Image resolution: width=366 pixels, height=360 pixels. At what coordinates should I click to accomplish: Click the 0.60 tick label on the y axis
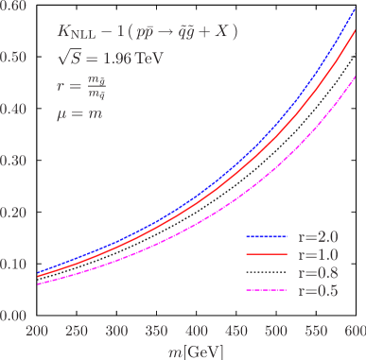13,7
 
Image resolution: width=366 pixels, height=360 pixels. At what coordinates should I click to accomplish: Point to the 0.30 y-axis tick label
13,162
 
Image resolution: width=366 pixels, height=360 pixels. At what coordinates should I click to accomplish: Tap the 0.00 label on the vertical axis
13,316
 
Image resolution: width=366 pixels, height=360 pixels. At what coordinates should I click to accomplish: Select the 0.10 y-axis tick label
13,265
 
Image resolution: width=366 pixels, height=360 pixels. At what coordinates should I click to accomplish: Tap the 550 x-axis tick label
315,333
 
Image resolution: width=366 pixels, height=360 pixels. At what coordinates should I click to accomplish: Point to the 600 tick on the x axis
354,333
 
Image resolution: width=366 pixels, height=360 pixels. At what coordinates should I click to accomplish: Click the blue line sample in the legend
267,236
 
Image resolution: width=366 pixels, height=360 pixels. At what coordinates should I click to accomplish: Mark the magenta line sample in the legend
267,290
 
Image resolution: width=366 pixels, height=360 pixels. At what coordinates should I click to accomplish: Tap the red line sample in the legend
267,254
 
